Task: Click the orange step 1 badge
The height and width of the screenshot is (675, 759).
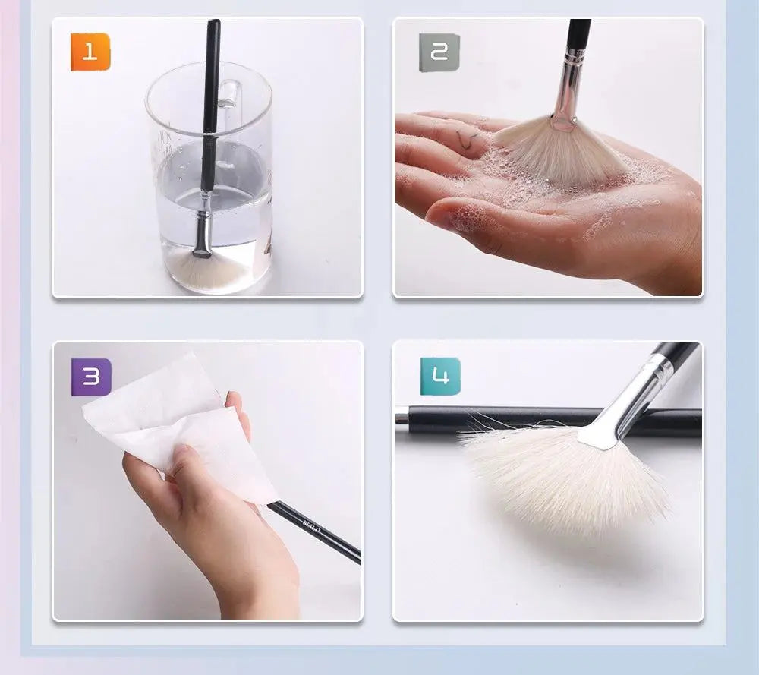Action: tap(90, 52)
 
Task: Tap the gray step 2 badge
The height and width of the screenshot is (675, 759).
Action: tap(439, 52)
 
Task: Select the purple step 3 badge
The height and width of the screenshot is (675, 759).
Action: tap(91, 377)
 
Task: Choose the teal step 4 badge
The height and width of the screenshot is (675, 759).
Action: tap(440, 377)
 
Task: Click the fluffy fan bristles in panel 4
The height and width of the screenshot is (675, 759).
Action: tap(562, 478)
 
